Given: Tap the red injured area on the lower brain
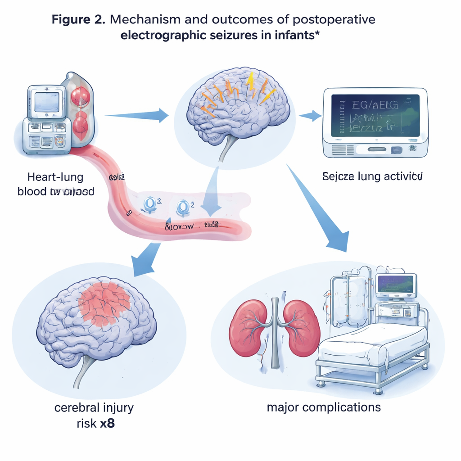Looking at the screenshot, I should point(104,304).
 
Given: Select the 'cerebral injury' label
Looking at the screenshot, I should point(94,408).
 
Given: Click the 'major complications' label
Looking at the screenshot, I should point(323,407).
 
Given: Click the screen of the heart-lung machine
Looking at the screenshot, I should point(47,102).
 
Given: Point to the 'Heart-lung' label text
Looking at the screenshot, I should point(55,176).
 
